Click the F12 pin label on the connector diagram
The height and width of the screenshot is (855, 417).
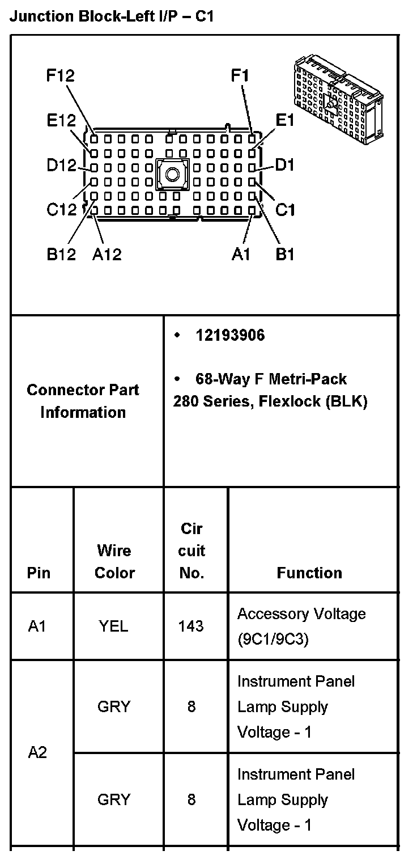click(61, 75)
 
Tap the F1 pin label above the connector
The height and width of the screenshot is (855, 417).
click(240, 75)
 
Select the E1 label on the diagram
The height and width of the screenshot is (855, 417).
click(285, 120)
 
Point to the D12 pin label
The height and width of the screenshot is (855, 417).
click(61, 166)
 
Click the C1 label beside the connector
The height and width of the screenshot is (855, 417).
click(285, 210)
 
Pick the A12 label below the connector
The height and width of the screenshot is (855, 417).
click(107, 255)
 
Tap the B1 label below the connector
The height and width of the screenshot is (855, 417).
click(285, 255)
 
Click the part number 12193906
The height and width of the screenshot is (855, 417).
click(230, 336)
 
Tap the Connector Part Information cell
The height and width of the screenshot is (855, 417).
click(83, 401)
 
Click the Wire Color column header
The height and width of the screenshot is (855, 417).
click(114, 561)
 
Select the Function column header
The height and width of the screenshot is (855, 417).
click(309, 573)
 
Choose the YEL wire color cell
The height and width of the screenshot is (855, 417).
click(113, 626)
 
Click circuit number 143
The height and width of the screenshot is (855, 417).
click(191, 626)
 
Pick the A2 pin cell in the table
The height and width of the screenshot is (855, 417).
click(37, 753)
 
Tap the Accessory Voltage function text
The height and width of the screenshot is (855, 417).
click(301, 614)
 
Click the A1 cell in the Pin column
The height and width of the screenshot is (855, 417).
click(37, 626)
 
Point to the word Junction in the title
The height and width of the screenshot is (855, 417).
click(36, 16)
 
